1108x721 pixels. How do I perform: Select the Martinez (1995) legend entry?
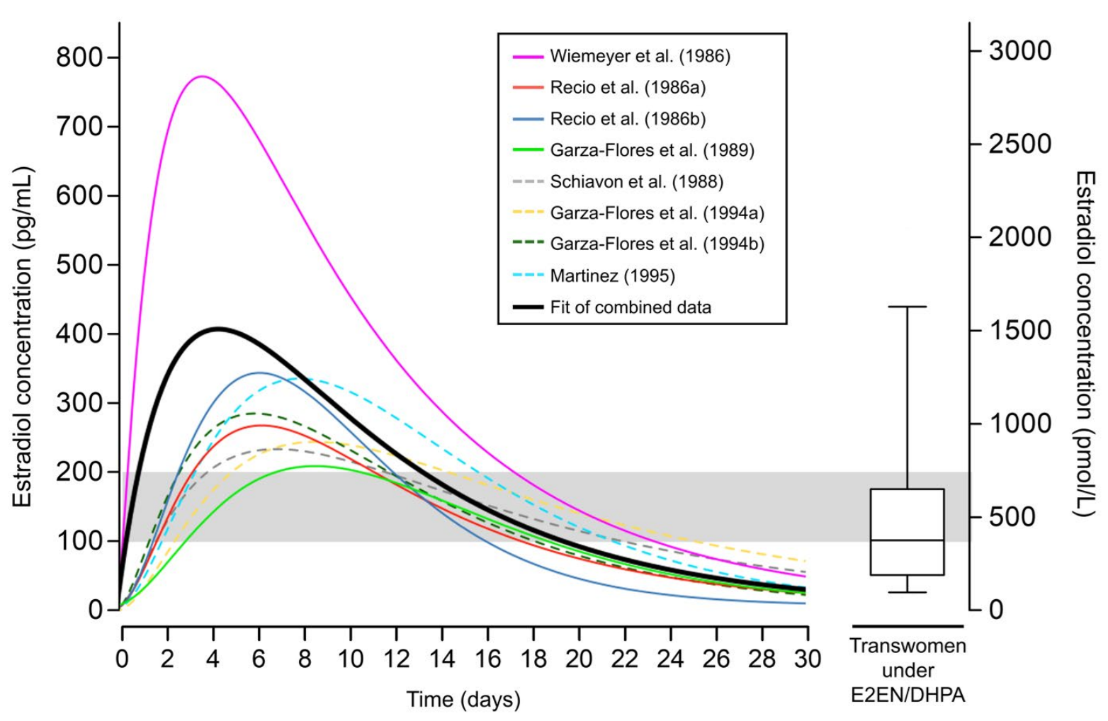(x=612, y=276)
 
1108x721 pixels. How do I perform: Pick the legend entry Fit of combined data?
(x=630, y=307)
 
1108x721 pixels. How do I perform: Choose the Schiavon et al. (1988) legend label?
(x=636, y=181)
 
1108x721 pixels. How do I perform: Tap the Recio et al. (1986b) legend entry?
(x=628, y=119)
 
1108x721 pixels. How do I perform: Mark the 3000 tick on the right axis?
(x=1020, y=51)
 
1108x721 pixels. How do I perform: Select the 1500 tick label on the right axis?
(x=1020, y=331)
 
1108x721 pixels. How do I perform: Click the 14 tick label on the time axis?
(x=442, y=659)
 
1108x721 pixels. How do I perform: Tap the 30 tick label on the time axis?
(x=807, y=659)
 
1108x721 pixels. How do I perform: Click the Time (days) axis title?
(x=463, y=700)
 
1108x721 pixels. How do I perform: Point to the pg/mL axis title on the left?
(x=23, y=336)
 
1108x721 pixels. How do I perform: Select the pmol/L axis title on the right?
(x=1085, y=344)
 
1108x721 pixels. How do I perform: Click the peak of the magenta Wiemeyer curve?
(x=202, y=76)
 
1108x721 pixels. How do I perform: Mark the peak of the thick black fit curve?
(x=217, y=329)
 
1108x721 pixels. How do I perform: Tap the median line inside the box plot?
(x=907, y=540)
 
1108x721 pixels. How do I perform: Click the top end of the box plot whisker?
(x=907, y=307)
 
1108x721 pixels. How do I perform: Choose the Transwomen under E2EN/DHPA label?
(x=908, y=670)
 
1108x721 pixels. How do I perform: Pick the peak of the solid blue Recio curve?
(x=259, y=373)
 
